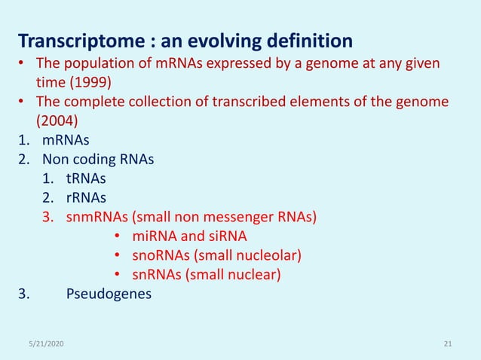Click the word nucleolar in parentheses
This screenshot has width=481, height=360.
click(x=267, y=256)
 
